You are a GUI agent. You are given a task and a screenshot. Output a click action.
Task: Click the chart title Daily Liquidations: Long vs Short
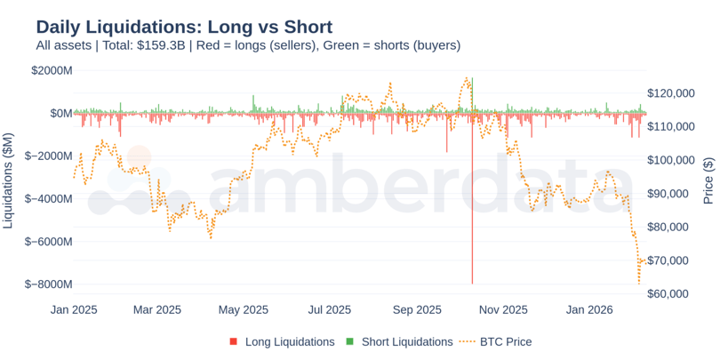[x=184, y=26]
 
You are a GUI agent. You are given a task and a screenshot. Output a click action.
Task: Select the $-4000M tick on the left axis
[x=49, y=198]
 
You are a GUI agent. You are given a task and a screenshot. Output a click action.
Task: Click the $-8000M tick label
[x=49, y=284]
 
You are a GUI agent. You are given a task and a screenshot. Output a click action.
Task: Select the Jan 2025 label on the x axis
[x=74, y=310]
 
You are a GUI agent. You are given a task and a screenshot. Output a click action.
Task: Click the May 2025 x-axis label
[x=243, y=310]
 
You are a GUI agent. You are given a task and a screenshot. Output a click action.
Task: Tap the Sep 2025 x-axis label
[x=417, y=310]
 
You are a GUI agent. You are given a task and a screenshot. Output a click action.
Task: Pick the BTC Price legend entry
[x=501, y=341]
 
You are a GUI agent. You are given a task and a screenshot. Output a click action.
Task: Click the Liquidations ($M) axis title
[x=9, y=177]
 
